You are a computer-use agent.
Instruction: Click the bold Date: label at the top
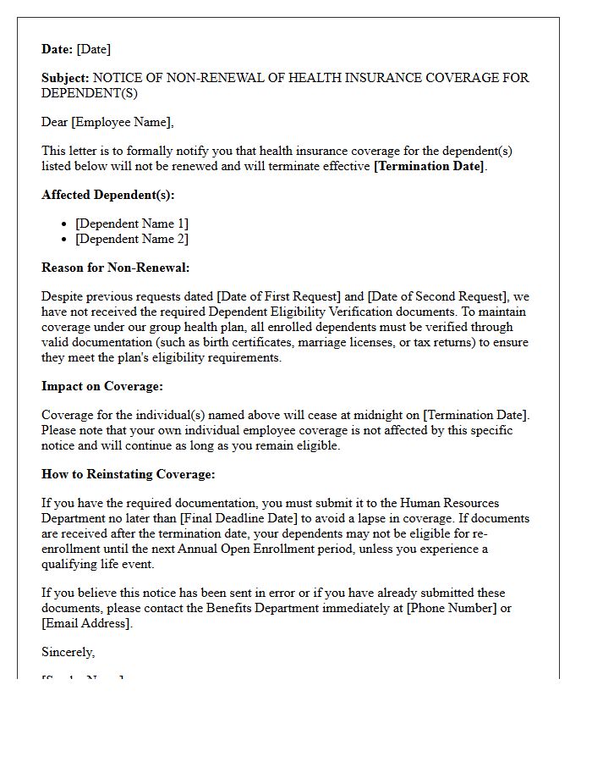coord(58,49)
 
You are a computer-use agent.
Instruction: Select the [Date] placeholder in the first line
coord(93,49)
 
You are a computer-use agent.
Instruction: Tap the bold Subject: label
coord(65,78)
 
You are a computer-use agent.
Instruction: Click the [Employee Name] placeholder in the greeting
coord(122,122)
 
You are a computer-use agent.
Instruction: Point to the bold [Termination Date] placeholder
coord(430,166)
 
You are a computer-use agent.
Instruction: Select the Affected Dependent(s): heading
coord(107,195)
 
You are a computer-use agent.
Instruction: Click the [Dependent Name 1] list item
coord(132,224)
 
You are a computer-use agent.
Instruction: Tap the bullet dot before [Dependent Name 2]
coord(65,240)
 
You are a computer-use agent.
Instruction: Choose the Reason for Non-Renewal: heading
coord(115,268)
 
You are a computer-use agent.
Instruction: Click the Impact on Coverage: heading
coord(101,386)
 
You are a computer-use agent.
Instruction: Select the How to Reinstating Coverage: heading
coord(128,474)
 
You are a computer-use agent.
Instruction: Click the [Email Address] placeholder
coord(85,623)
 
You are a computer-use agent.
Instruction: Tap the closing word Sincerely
coord(68,652)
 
